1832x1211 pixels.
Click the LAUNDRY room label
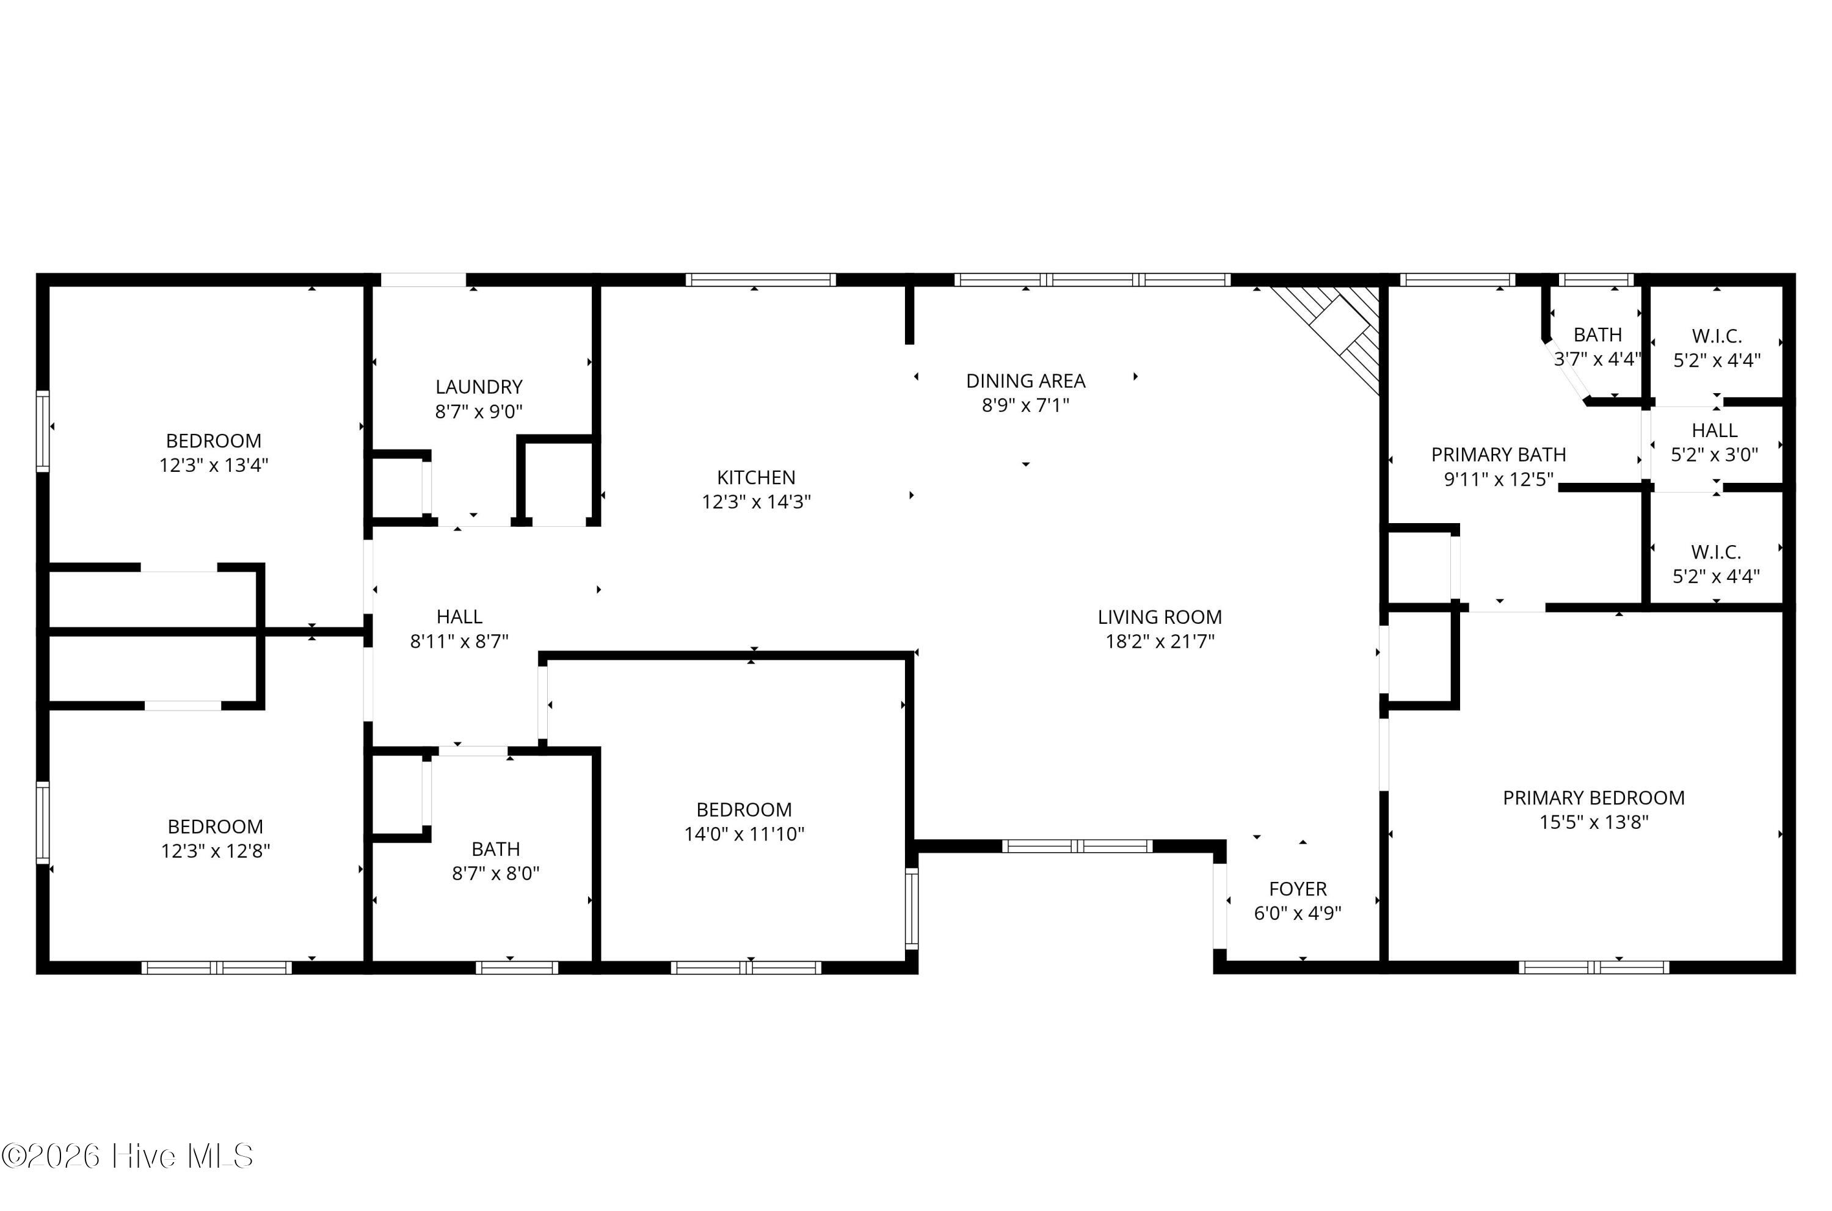(479, 387)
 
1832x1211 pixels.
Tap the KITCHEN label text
(755, 477)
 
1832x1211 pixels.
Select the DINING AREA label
(1025, 381)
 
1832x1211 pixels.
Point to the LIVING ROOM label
(1160, 617)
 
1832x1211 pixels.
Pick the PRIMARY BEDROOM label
(1594, 798)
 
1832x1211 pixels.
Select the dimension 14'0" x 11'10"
(744, 834)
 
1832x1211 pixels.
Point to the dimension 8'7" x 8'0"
(495, 873)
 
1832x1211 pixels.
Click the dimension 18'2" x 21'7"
(1160, 642)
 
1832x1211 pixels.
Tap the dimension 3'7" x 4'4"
(1597, 359)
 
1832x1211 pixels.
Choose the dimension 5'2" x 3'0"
(1715, 455)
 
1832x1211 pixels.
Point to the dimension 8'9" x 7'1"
(1025, 405)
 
